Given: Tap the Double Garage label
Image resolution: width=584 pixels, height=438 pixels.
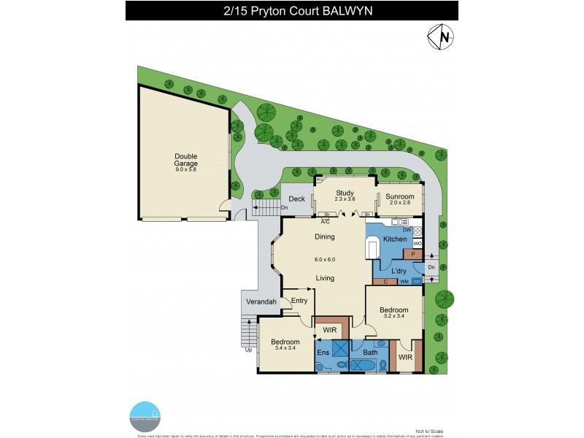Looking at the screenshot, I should [x=185, y=160].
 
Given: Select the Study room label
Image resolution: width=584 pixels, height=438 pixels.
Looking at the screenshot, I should [x=344, y=193].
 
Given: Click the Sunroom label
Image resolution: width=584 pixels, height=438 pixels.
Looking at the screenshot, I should [x=400, y=197].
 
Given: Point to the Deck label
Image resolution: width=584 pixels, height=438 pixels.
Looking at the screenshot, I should [x=296, y=199].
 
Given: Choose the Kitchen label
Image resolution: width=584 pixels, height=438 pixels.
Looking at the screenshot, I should [x=395, y=239].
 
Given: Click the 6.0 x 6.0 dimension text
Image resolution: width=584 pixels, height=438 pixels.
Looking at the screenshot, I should [x=325, y=259].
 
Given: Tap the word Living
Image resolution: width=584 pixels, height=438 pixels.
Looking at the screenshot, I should [x=325, y=278].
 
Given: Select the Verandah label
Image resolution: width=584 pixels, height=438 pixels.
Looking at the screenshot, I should [x=261, y=301].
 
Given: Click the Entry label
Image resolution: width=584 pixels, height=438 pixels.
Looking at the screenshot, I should [x=299, y=301].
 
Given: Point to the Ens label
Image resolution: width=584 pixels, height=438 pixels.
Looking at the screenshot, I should [x=323, y=352].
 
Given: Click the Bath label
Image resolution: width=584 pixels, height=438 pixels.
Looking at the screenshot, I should [x=371, y=353].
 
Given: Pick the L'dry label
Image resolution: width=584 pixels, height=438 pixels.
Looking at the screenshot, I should [x=399, y=272].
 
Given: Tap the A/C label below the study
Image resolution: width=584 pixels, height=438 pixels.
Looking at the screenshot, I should [x=326, y=220].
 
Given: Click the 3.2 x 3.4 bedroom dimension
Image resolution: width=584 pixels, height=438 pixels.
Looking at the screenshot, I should [x=393, y=316].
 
